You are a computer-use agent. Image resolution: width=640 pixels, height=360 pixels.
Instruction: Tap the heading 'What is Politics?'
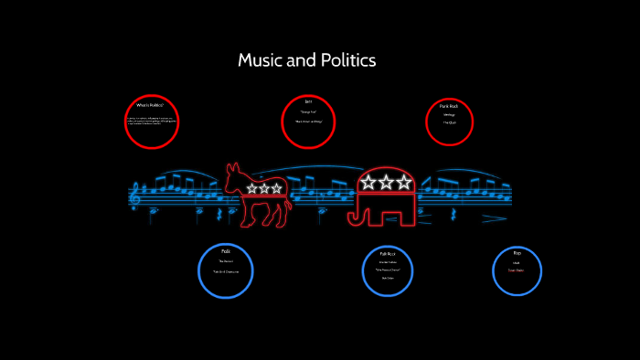(150, 105)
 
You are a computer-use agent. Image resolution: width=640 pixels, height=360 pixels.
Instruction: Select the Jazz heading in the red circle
(308, 101)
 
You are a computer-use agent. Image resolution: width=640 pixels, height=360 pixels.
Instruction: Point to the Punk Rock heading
(449, 106)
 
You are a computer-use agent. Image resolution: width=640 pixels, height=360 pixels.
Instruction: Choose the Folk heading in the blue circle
(225, 251)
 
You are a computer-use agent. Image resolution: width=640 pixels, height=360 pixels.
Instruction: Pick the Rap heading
(517, 253)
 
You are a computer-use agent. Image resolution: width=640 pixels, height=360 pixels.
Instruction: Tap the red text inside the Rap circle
(517, 270)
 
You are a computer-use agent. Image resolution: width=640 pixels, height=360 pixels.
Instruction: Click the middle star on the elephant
(386, 182)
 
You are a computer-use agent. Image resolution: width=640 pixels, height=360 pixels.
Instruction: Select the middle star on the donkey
(264, 188)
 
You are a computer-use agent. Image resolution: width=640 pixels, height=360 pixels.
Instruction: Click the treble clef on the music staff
(137, 193)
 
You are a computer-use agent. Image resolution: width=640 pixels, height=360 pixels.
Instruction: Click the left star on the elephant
(368, 182)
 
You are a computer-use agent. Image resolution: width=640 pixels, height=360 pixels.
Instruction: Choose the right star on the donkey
(276, 188)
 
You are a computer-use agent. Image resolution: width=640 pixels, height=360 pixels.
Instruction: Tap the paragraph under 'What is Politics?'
(150, 120)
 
